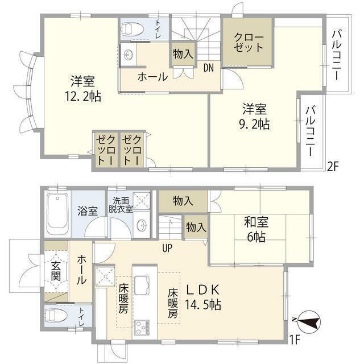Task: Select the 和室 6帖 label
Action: tap(255, 229)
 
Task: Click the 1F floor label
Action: tap(295, 340)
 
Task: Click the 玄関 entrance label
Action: tap(56, 274)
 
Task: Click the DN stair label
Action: tap(209, 67)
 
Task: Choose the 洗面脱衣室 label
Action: tap(122, 205)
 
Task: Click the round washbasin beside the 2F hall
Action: tap(128, 54)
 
